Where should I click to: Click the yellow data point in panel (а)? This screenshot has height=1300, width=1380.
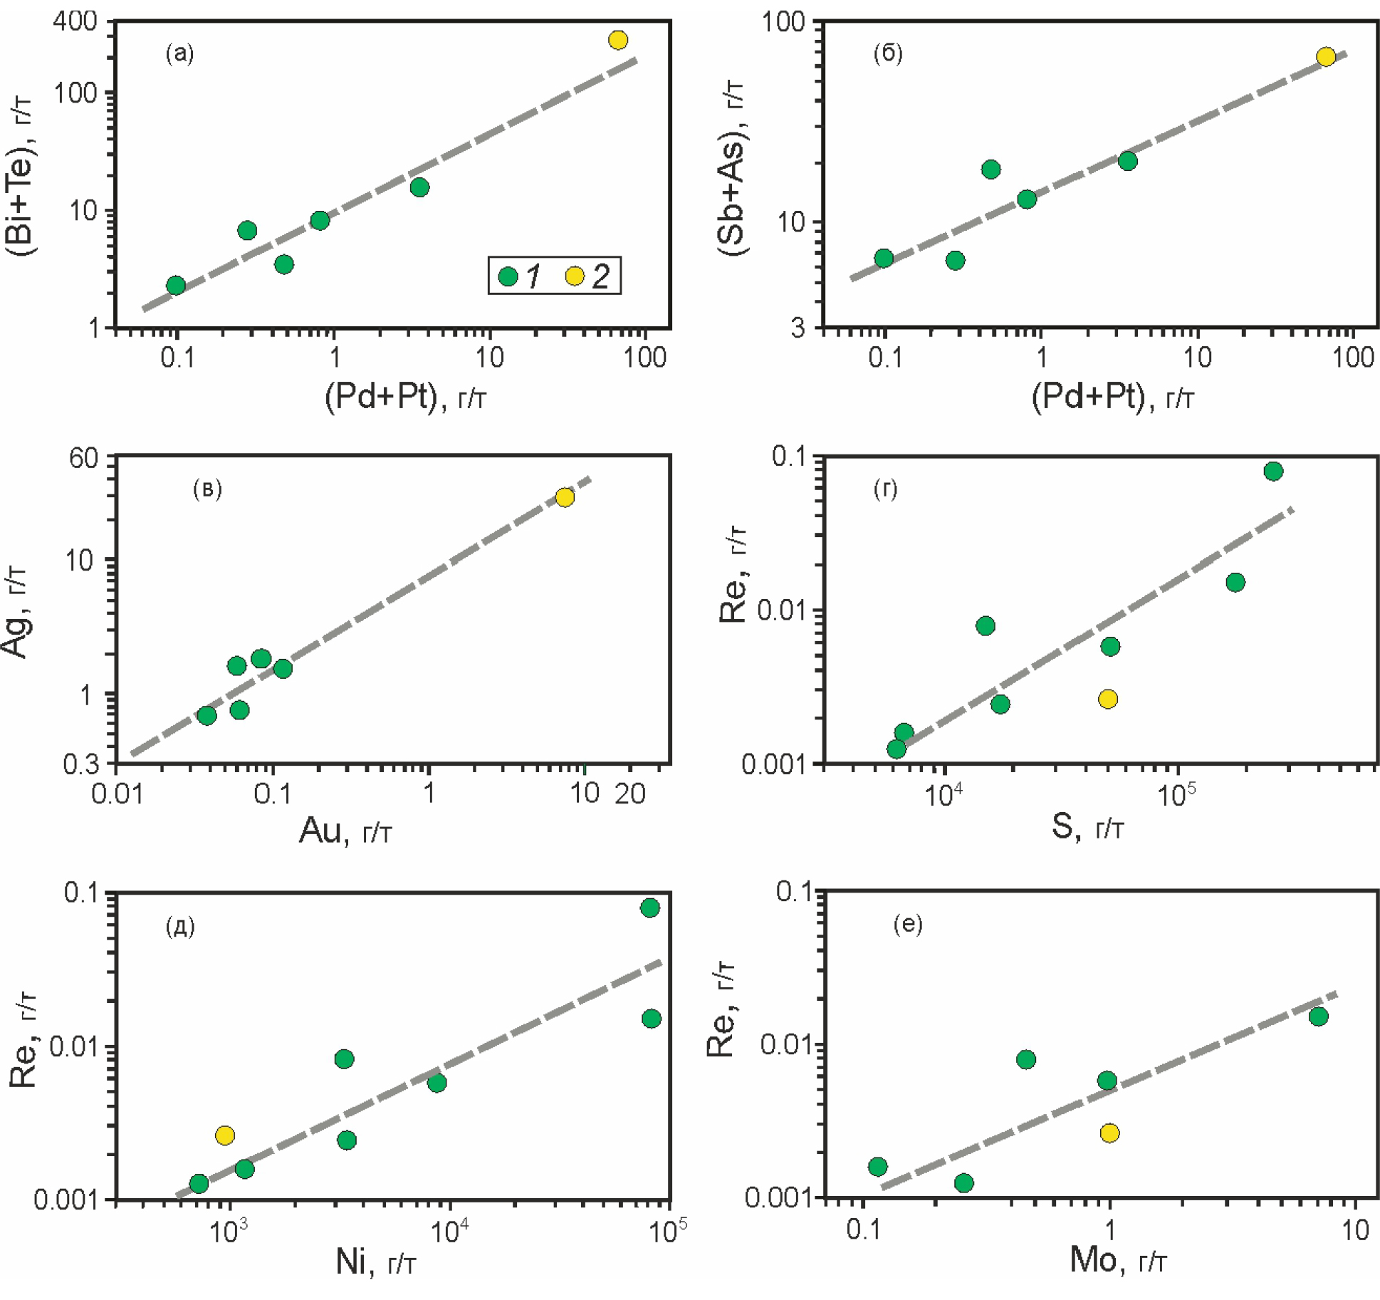(618, 40)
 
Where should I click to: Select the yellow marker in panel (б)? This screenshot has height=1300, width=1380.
(1326, 57)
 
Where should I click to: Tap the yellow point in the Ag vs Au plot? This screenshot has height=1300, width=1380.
(565, 497)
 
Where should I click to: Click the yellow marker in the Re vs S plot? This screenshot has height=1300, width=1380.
(1108, 699)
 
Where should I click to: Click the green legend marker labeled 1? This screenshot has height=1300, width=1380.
(508, 276)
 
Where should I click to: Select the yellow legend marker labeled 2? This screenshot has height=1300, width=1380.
(575, 276)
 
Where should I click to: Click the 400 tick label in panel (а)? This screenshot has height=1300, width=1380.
(75, 21)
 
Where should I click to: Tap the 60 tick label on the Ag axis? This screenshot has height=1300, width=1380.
(83, 458)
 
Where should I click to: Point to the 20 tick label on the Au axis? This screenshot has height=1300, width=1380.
(630, 794)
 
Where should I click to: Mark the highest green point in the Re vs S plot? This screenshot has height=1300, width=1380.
(1274, 471)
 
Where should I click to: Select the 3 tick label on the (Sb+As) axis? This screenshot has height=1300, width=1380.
(798, 328)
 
